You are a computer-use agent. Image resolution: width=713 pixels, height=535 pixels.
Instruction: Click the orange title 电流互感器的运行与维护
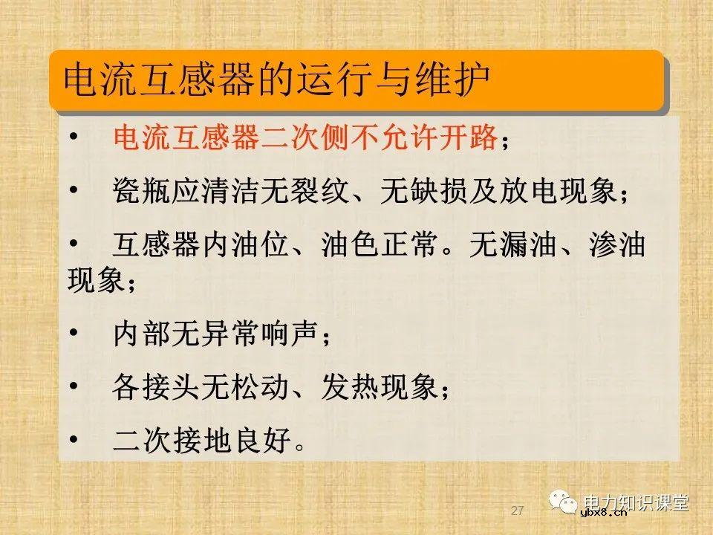point(276,81)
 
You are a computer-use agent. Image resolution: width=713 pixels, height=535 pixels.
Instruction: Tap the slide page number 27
point(518,511)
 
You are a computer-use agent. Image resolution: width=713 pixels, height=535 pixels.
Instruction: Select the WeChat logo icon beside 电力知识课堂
point(564,503)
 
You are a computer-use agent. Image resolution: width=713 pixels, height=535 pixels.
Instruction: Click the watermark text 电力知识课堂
point(637,502)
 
